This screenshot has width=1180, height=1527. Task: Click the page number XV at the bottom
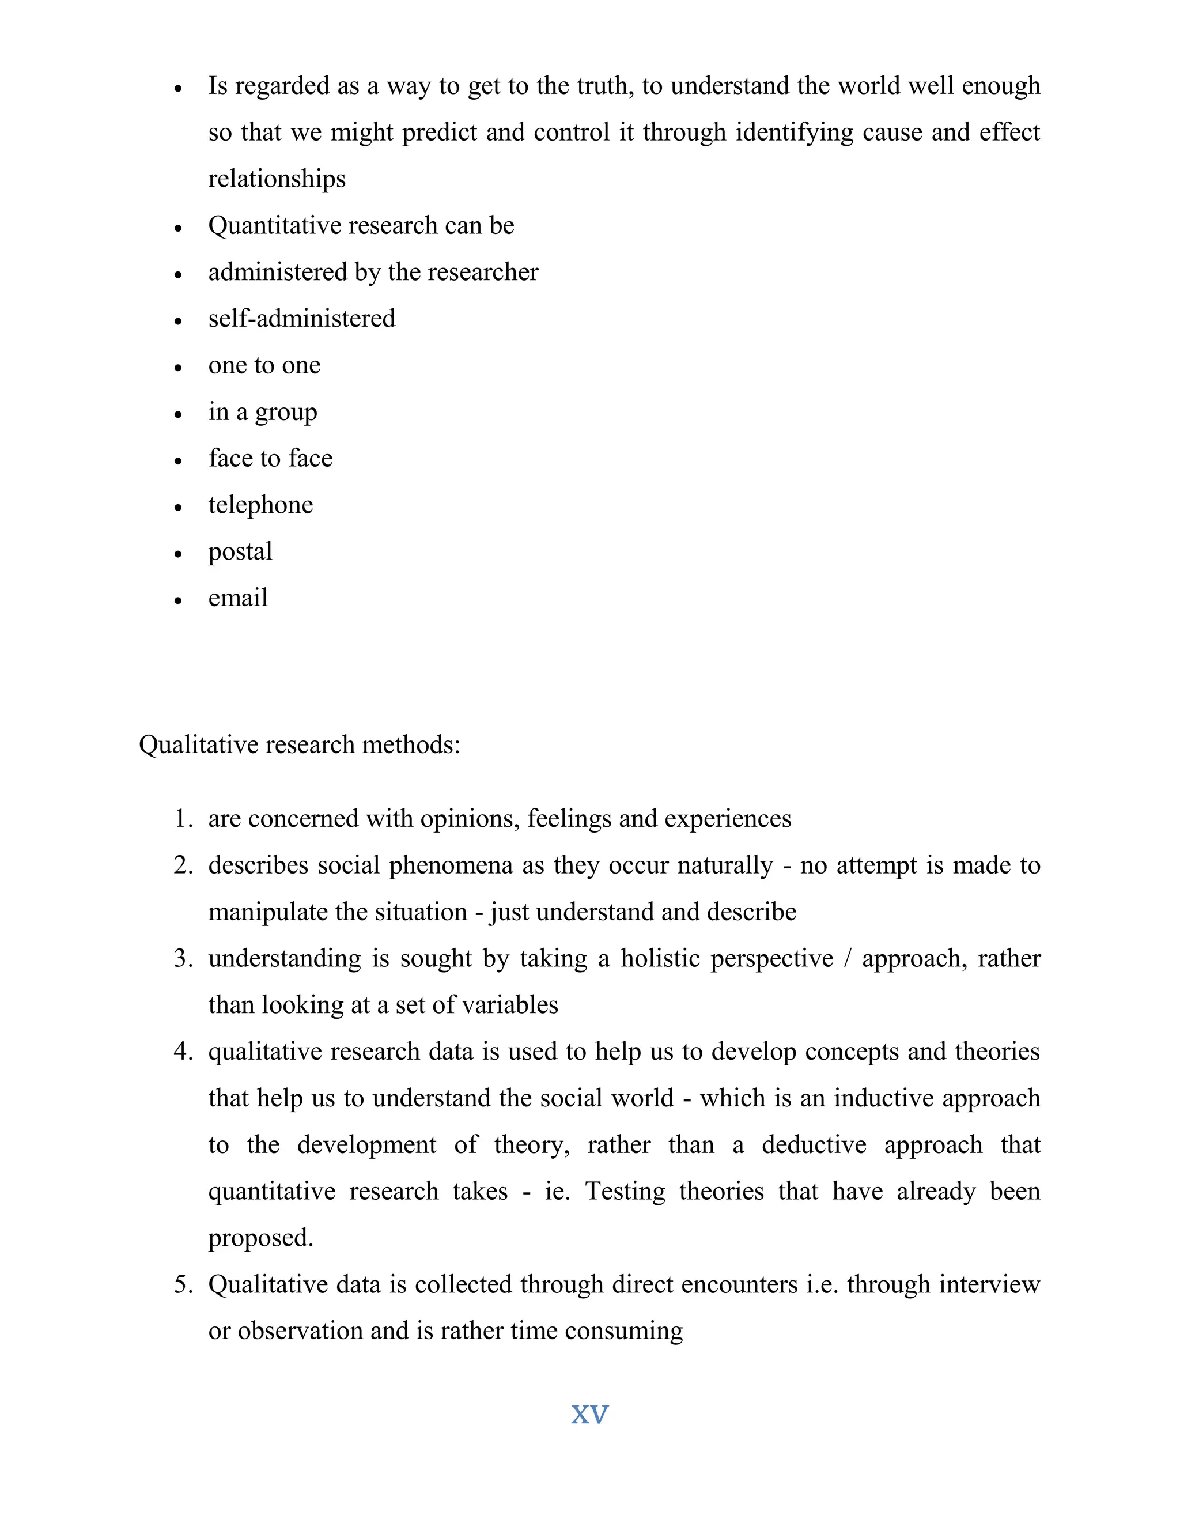pyautogui.click(x=589, y=1415)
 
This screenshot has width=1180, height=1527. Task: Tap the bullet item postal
pyautogui.click(x=240, y=551)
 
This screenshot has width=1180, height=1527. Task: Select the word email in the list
pyautogui.click(x=238, y=598)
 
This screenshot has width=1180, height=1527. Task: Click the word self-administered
pyautogui.click(x=301, y=319)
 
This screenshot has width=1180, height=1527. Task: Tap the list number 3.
pyautogui.click(x=183, y=959)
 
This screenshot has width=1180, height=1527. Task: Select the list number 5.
pyautogui.click(x=183, y=1284)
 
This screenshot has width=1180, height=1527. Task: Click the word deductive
pyautogui.click(x=814, y=1144)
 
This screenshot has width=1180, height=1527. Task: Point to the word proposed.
pyautogui.click(x=260, y=1238)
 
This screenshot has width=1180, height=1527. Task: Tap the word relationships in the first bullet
pyautogui.click(x=277, y=179)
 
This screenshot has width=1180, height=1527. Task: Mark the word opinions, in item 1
pyautogui.click(x=469, y=819)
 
